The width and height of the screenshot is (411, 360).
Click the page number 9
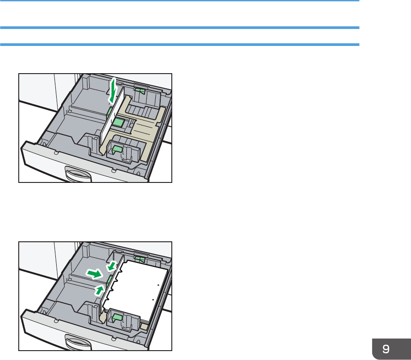[x=386, y=349]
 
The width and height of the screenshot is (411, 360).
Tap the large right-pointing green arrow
[x=94, y=274]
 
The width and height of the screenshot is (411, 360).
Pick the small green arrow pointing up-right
[x=100, y=290]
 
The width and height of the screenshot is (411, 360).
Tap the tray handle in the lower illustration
[x=78, y=343]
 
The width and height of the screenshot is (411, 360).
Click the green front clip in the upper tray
[x=117, y=149]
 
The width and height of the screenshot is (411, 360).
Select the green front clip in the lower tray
[x=117, y=318]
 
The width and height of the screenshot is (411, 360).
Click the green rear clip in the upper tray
[x=140, y=91]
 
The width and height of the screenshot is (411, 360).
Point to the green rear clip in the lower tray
[x=140, y=259]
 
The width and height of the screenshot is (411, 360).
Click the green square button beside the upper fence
[x=119, y=122]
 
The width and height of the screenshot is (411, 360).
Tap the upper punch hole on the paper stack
[x=158, y=285]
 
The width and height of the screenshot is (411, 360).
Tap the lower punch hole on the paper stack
[x=153, y=299]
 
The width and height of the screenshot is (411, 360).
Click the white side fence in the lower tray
[x=112, y=285]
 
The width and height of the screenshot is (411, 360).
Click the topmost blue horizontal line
[x=179, y=1]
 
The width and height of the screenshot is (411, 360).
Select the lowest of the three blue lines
[x=179, y=45]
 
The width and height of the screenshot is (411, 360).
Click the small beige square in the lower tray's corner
[x=144, y=327]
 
